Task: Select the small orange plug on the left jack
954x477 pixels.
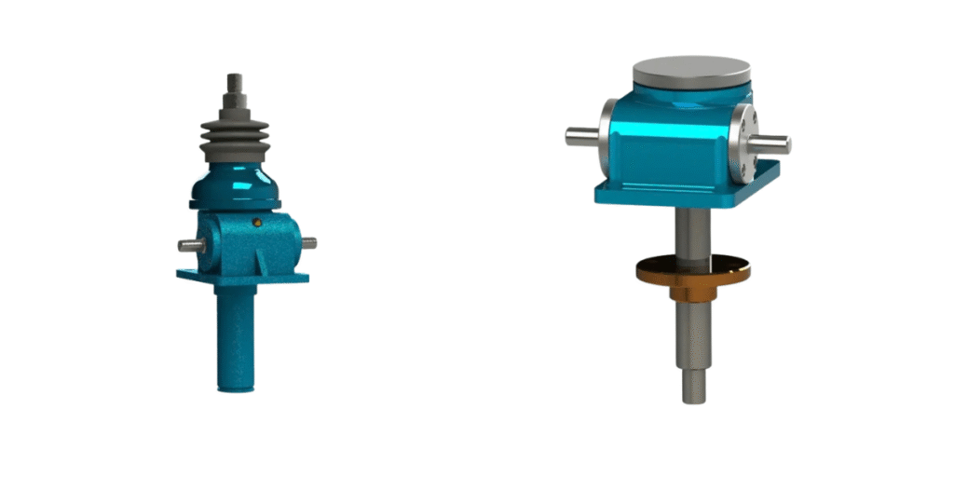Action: click(256, 222)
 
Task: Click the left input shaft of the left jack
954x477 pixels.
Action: click(189, 246)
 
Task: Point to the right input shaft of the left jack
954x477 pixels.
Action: click(307, 243)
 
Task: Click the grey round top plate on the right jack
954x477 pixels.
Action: click(690, 71)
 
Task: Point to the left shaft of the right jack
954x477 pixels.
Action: click(580, 136)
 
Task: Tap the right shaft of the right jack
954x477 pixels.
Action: click(773, 143)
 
